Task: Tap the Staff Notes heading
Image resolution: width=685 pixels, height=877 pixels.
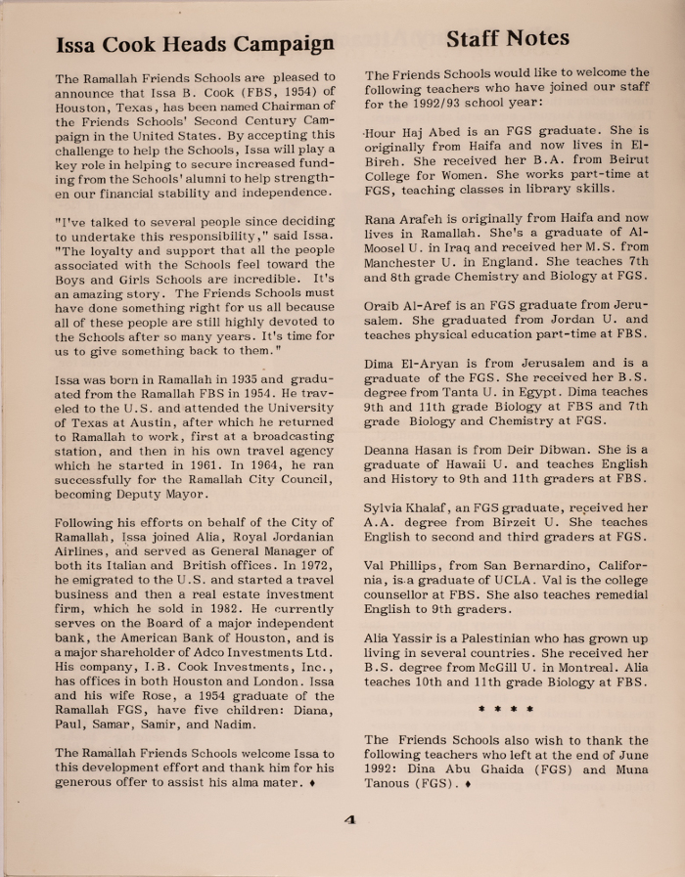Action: coord(507,38)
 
